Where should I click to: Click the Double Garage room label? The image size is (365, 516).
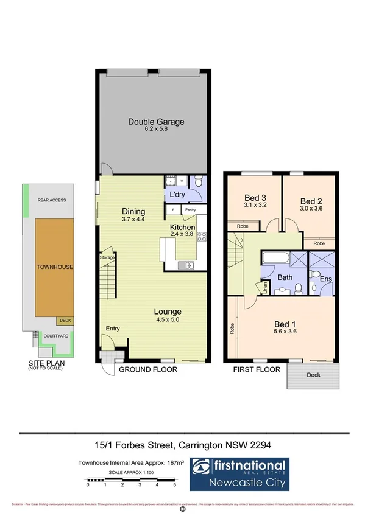click(156, 122)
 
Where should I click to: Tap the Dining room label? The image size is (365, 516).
click(133, 212)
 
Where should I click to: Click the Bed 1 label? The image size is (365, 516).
click(285, 324)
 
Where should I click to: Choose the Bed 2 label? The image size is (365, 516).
click(311, 201)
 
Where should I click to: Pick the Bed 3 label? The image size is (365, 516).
click(255, 198)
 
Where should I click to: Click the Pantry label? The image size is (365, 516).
click(190, 209)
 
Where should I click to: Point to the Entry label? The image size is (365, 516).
click(112, 329)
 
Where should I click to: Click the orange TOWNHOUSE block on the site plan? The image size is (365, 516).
click(51, 267)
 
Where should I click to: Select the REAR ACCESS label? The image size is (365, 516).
click(51, 200)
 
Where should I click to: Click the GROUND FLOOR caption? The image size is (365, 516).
click(147, 369)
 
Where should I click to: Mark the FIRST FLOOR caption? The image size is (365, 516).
click(257, 369)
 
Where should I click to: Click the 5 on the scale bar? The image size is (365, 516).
click(174, 485)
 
